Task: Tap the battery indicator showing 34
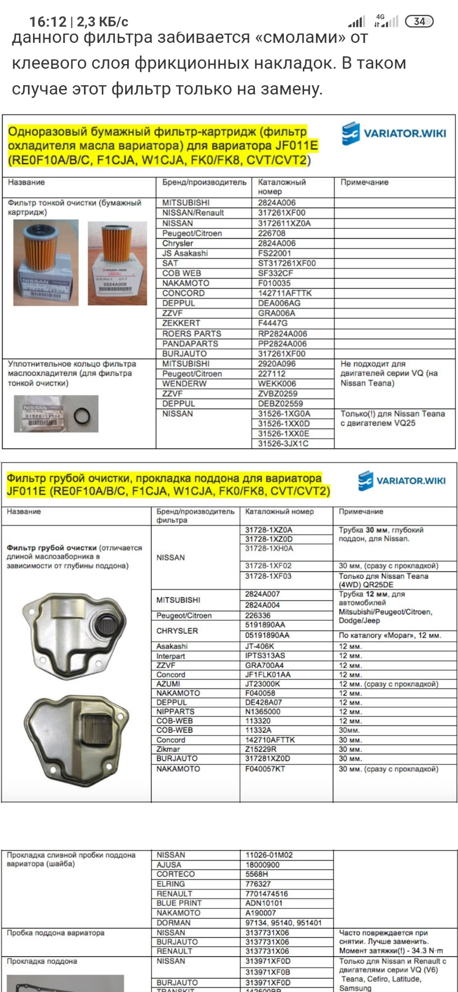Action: [x=419, y=21]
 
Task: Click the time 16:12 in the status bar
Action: [x=48, y=22]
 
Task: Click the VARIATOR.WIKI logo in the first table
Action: [x=394, y=133]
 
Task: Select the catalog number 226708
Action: [x=272, y=233]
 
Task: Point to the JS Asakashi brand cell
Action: [x=185, y=253]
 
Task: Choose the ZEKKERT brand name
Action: [x=181, y=323]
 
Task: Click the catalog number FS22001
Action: [x=274, y=253]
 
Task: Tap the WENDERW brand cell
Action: [x=184, y=383]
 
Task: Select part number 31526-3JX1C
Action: [x=283, y=443]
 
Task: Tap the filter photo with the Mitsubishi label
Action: [x=117, y=263]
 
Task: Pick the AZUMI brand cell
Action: [x=168, y=684]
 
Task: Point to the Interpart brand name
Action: [x=171, y=656]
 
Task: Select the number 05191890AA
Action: [x=267, y=635]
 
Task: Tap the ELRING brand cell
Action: [x=171, y=884]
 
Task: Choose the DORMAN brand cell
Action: [x=173, y=923]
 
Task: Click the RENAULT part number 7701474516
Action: [x=266, y=894]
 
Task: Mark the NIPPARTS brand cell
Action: [x=175, y=711]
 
